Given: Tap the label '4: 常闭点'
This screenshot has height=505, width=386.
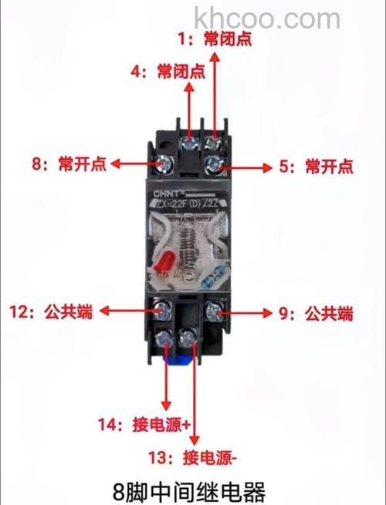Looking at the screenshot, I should (x=168, y=73).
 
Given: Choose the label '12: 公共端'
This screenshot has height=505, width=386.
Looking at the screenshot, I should (x=50, y=312).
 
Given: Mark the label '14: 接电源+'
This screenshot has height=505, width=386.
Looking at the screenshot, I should (x=144, y=425).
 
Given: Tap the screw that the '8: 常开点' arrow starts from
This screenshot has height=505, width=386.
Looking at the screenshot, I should (x=164, y=164).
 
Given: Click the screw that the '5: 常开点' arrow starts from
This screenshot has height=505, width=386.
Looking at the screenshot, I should (x=215, y=163).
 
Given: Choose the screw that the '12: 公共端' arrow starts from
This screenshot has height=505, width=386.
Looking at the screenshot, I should (x=163, y=311).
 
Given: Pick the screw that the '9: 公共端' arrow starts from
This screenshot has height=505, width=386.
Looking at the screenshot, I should (x=214, y=312).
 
